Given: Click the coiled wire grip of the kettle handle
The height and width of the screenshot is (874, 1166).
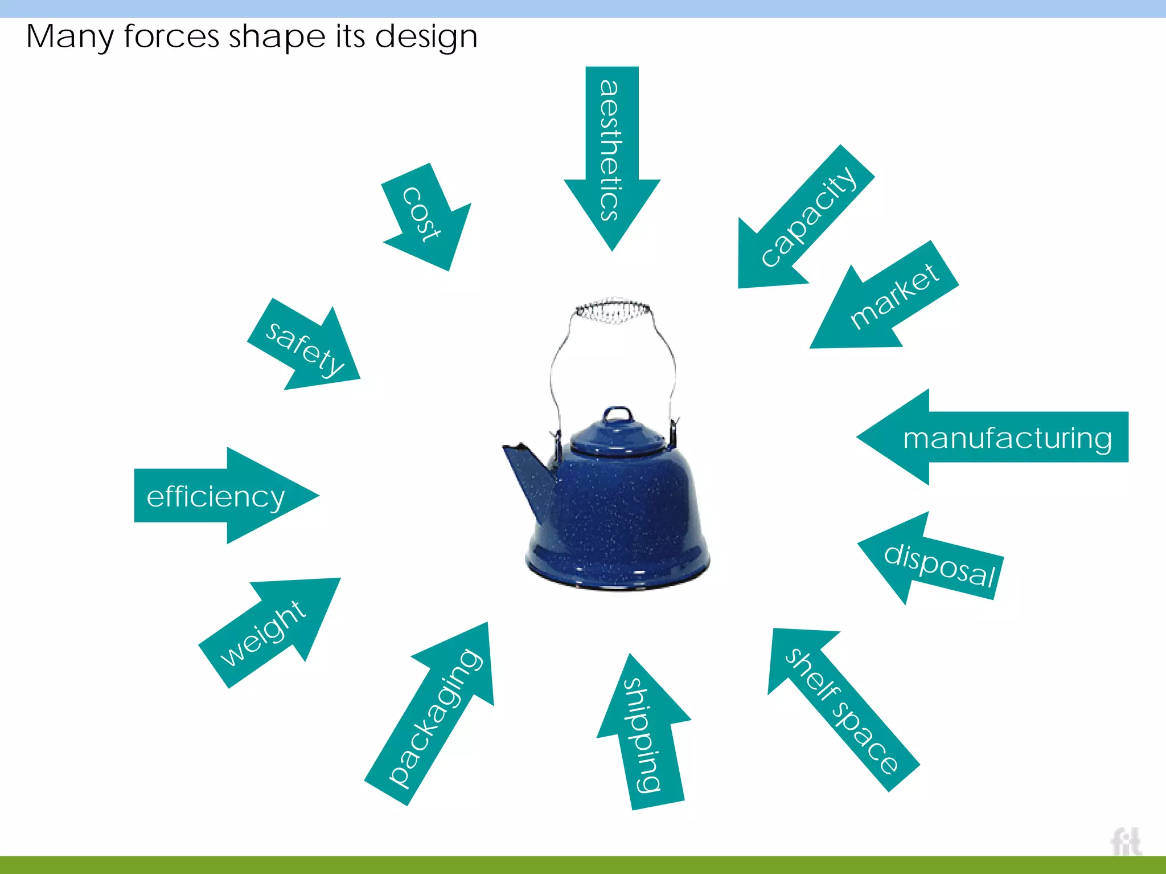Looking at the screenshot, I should click(x=612, y=311).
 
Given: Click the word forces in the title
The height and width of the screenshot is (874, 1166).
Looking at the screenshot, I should click(x=171, y=36).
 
